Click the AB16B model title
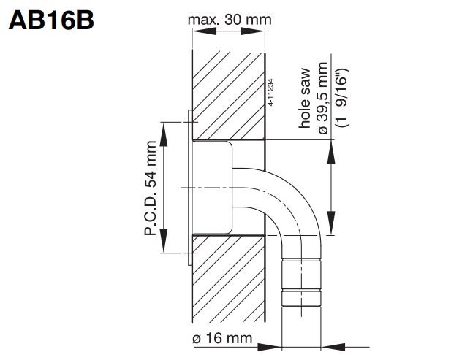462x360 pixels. point(50,20)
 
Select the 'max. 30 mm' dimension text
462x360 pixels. point(228,20)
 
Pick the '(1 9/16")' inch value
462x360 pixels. point(340,99)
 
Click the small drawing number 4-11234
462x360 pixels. point(271,93)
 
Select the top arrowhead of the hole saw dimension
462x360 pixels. point(333,145)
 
